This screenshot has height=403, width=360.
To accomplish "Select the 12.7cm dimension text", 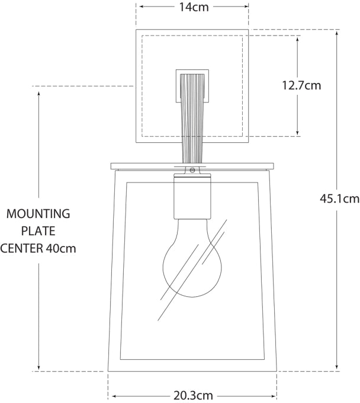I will [x=301, y=85].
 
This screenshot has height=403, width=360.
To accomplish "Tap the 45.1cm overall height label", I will [x=340, y=199].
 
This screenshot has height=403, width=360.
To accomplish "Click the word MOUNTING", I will [x=38, y=213].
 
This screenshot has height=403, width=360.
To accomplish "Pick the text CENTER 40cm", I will [x=38, y=248].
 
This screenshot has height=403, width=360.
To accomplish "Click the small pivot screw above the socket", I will [x=192, y=171].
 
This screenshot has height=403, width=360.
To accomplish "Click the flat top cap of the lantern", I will [x=192, y=164].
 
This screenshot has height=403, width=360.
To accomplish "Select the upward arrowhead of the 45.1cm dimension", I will [x=337, y=33].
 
